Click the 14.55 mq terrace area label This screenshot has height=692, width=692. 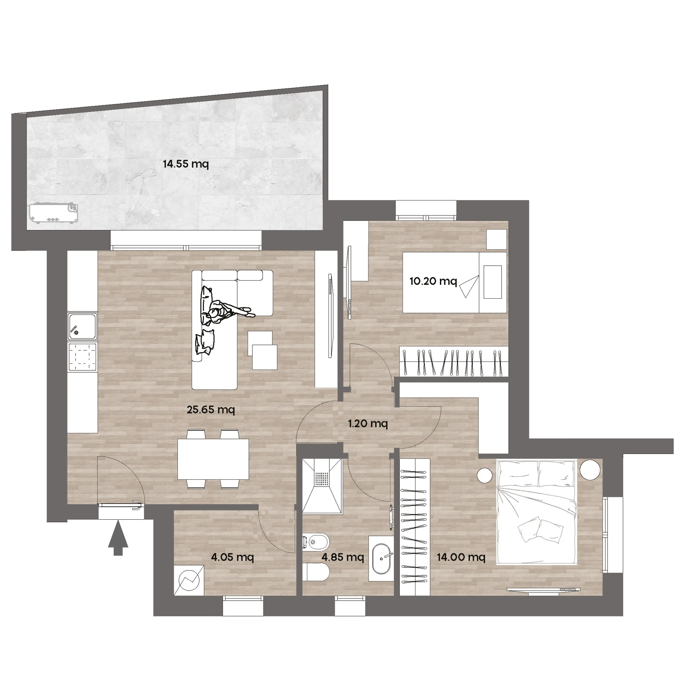click(x=185, y=164)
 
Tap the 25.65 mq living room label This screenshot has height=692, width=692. click(x=211, y=409)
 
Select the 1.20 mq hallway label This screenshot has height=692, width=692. click(x=368, y=424)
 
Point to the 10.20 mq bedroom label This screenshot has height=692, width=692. click(x=433, y=281)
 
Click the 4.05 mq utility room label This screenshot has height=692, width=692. click(x=233, y=557)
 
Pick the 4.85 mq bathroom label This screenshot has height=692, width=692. click(x=343, y=557)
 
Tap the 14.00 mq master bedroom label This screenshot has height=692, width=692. click(x=461, y=557)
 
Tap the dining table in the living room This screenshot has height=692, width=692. click(x=213, y=459)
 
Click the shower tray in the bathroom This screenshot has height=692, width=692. click(x=322, y=486)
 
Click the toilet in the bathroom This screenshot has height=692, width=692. click(x=316, y=572)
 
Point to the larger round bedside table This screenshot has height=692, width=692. click(x=590, y=470)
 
